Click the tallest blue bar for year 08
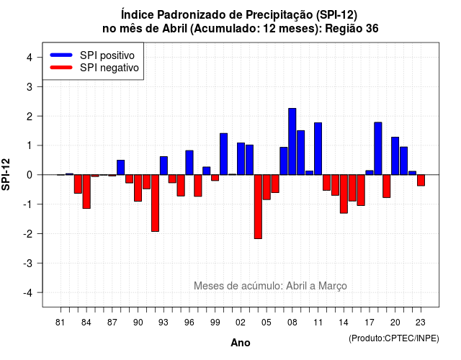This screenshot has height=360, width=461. [292, 141]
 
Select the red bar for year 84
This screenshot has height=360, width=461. [86, 192]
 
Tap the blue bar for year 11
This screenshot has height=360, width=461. [318, 149]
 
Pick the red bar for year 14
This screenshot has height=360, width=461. [344, 194]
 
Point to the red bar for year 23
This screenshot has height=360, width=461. [421, 180]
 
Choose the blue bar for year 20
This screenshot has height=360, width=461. [395, 156]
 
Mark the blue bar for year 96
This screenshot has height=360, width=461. [189, 163]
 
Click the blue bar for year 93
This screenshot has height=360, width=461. [164, 166]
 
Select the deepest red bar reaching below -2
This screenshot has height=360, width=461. [258, 207]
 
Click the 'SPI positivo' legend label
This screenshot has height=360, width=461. [107, 55]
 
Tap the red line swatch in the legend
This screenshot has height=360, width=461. [61, 67]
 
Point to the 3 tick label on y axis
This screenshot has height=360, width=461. [30, 86]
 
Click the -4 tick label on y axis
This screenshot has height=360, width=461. [28, 293]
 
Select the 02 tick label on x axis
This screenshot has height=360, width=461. [241, 323]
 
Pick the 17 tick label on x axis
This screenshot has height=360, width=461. [370, 323]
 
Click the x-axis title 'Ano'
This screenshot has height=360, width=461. [241, 343]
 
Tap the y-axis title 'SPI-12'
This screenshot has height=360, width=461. [6, 174]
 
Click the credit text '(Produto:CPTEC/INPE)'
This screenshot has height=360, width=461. [394, 338]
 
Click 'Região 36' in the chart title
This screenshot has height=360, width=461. [352, 29]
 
